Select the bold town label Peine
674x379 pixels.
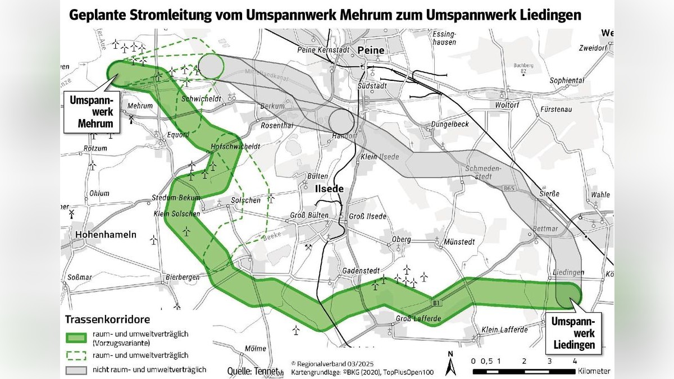point(371,51)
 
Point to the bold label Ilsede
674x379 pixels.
point(329,189)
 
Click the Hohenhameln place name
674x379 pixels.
point(93,236)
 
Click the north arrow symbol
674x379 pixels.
point(450,365)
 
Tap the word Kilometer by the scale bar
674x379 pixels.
point(593,372)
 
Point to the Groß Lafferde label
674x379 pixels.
point(418,319)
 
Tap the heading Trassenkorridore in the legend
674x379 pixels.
point(107,319)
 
